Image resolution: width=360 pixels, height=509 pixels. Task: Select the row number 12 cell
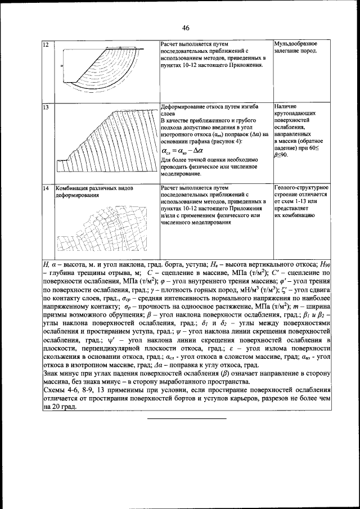(x=46, y=44)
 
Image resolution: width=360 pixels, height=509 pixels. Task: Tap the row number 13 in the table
(x=46, y=107)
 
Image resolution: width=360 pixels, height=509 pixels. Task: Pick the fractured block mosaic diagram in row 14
(x=101, y=225)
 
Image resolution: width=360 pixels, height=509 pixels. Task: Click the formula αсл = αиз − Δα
(x=182, y=151)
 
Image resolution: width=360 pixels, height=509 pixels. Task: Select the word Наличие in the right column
(x=286, y=106)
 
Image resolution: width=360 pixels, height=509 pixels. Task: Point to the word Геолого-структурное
(x=301, y=187)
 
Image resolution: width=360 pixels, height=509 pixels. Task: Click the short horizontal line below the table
(x=186, y=419)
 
